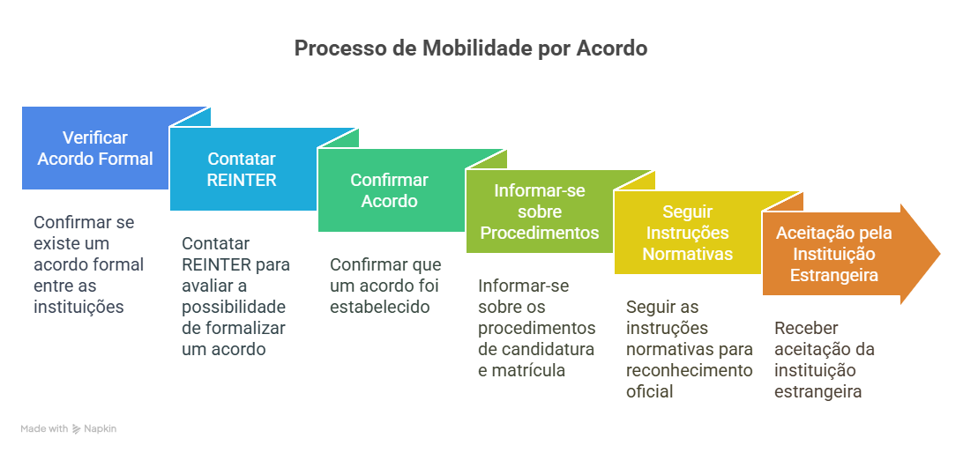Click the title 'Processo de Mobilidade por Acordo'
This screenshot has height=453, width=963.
coord(470,48)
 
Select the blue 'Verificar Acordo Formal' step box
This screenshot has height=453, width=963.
coord(96,148)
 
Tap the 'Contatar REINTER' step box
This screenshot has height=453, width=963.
coord(242,169)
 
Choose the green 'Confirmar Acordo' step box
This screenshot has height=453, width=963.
coord(390,191)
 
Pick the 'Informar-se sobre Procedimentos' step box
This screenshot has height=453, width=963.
coord(539,212)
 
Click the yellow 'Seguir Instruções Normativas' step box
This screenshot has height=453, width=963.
coord(688,233)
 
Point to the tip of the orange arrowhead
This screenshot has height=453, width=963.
coord(940,254)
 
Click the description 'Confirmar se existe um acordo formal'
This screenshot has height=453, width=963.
coord(89,264)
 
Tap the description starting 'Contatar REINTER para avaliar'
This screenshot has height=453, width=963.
coord(236,296)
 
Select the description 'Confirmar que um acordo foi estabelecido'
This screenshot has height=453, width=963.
coord(385,286)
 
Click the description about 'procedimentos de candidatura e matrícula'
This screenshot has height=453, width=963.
coord(537,329)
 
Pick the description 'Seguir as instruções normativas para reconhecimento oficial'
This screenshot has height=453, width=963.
coord(689,349)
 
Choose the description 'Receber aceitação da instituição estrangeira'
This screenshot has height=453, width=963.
coord(825,360)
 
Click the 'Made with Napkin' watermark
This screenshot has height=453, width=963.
coord(68,429)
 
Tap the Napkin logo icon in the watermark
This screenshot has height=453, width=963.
coord(76,429)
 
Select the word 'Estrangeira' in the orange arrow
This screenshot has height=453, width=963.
coord(833,275)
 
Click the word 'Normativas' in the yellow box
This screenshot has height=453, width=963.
coord(688,254)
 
